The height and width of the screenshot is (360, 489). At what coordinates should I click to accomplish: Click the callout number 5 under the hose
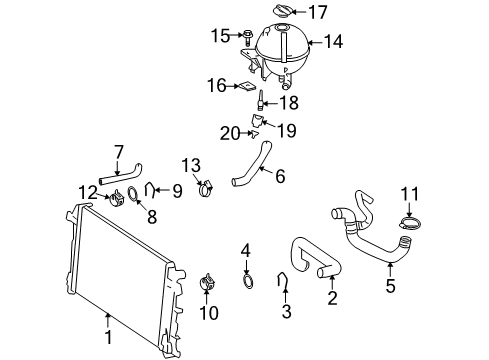[391, 286]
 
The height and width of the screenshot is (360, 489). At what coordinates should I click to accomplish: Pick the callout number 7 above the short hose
[118, 151]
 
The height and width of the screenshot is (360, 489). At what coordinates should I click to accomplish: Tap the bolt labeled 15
[245, 36]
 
